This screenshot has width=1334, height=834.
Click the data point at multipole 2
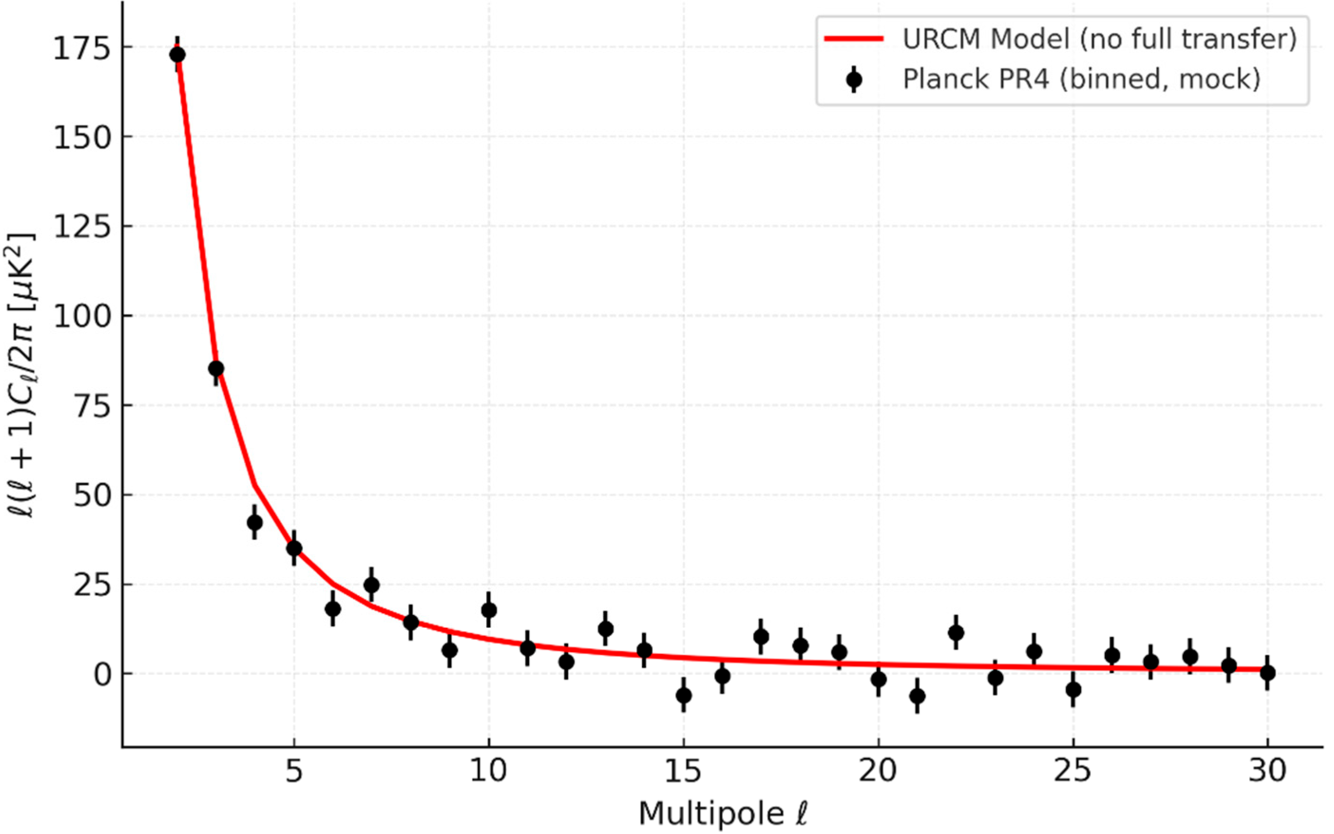[x=177, y=55]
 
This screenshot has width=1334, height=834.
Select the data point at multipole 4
[x=255, y=522]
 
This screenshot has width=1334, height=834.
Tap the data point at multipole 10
[x=489, y=610]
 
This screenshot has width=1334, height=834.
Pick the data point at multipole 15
[x=684, y=695]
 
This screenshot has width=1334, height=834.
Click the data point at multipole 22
[x=956, y=632]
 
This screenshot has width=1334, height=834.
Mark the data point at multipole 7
[x=372, y=585]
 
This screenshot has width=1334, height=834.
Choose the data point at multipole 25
[x=1073, y=690]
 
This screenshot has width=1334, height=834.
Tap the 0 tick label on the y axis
[x=102, y=674]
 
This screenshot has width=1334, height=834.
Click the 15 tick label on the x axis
[x=683, y=771]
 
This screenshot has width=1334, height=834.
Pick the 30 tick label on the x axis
[x=1267, y=771]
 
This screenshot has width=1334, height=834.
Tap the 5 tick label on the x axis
[x=294, y=771]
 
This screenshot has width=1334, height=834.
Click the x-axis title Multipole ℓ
[x=723, y=813]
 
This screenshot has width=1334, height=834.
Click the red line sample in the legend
[x=854, y=38]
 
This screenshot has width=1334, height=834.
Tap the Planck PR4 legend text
[x=1081, y=79]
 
